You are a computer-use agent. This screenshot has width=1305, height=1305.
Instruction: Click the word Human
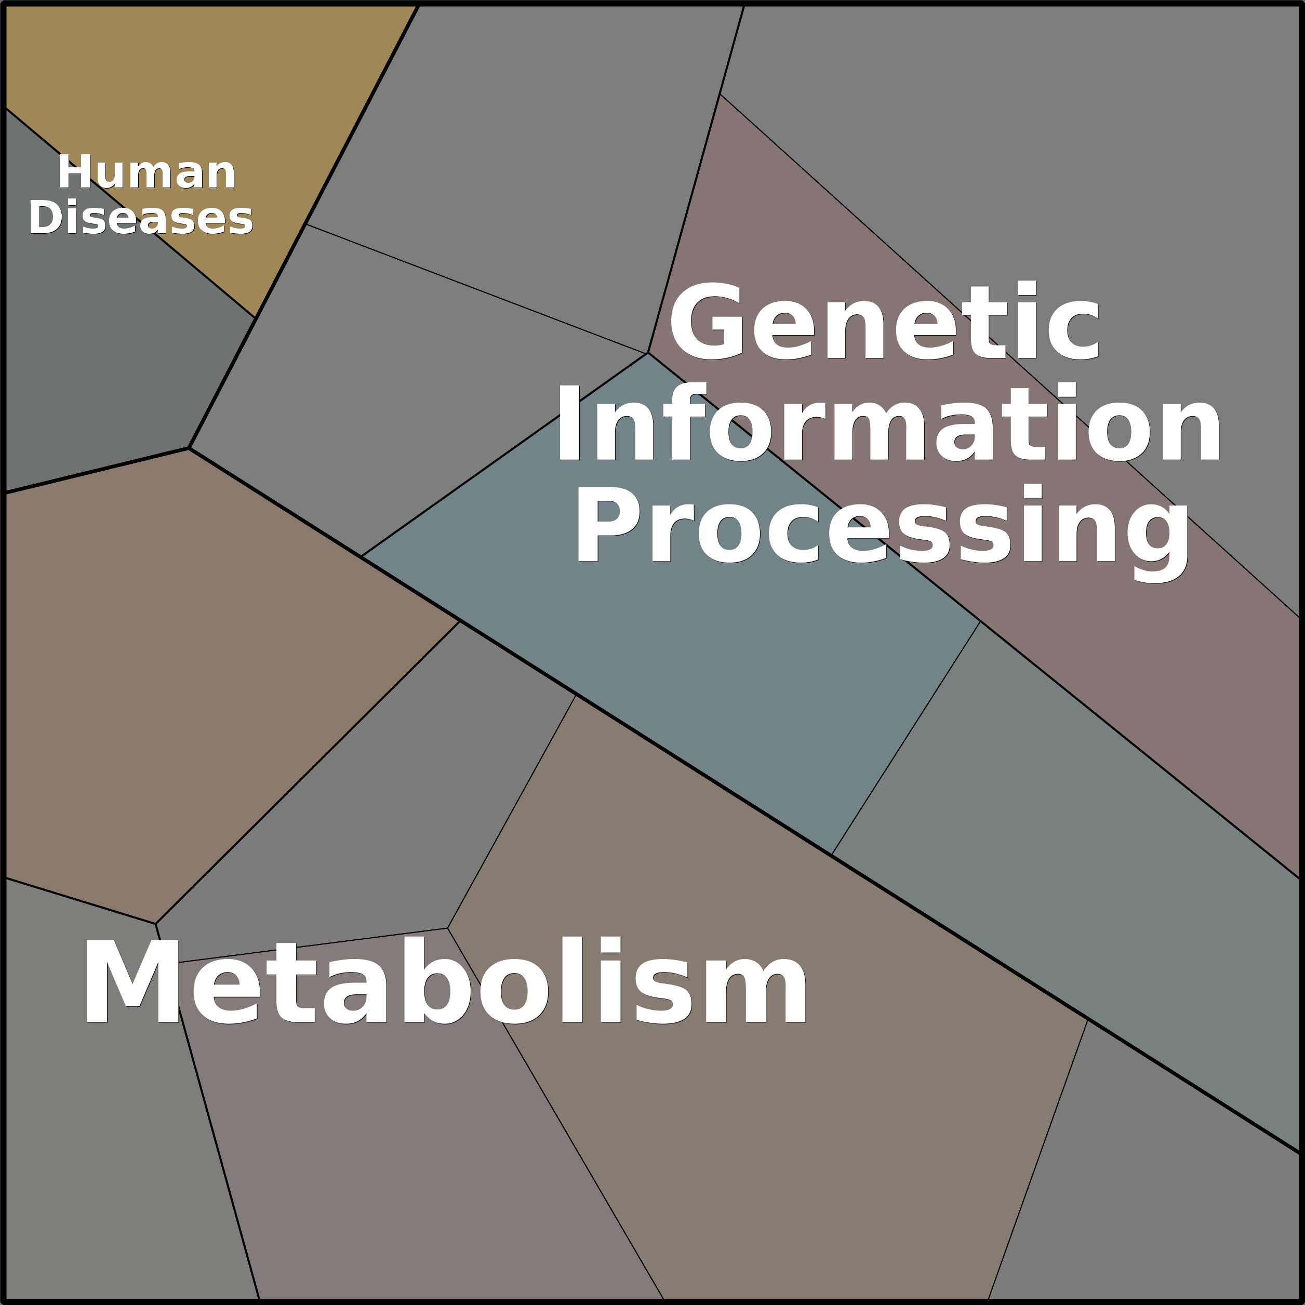pos(146,173)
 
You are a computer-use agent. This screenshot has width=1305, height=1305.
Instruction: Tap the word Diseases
pos(140,218)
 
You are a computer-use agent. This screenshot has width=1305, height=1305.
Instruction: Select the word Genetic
pos(884,322)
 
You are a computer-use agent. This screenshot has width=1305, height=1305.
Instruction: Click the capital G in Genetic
pos(707,322)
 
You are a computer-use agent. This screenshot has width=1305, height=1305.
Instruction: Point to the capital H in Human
pos(74,173)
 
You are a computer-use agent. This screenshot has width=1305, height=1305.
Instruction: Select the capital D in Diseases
pos(45,218)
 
